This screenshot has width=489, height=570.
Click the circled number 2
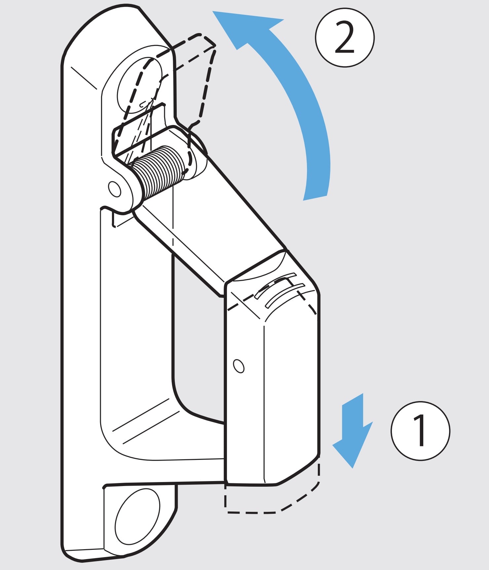345,38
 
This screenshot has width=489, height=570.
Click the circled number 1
420,431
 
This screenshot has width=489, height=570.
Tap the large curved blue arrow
297,99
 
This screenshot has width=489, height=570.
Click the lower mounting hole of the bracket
137,516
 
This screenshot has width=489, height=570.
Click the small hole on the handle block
239,366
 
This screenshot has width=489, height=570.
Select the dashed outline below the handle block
271,499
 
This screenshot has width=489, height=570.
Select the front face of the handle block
291,397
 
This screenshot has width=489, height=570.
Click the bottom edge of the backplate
99,559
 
